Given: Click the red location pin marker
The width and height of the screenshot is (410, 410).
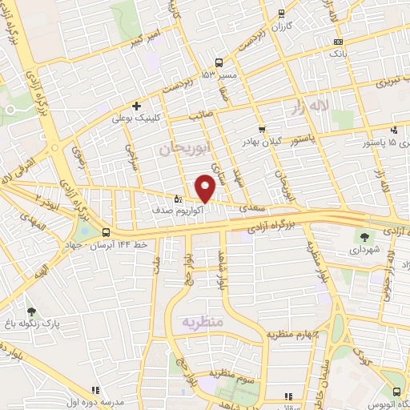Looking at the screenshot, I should (x=205, y=188).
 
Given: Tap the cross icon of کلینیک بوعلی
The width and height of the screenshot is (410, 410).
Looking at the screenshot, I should (x=137, y=106).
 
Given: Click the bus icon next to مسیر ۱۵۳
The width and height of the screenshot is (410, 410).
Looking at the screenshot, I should (x=219, y=62).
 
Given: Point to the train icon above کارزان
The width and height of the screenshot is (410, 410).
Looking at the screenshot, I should (x=280, y=13).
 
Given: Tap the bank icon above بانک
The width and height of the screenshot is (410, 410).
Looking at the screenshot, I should (x=338, y=42).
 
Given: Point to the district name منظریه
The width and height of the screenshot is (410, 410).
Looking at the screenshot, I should (x=201, y=322).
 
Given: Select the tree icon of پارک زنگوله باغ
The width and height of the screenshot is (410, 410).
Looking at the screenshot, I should (x=31, y=312).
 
